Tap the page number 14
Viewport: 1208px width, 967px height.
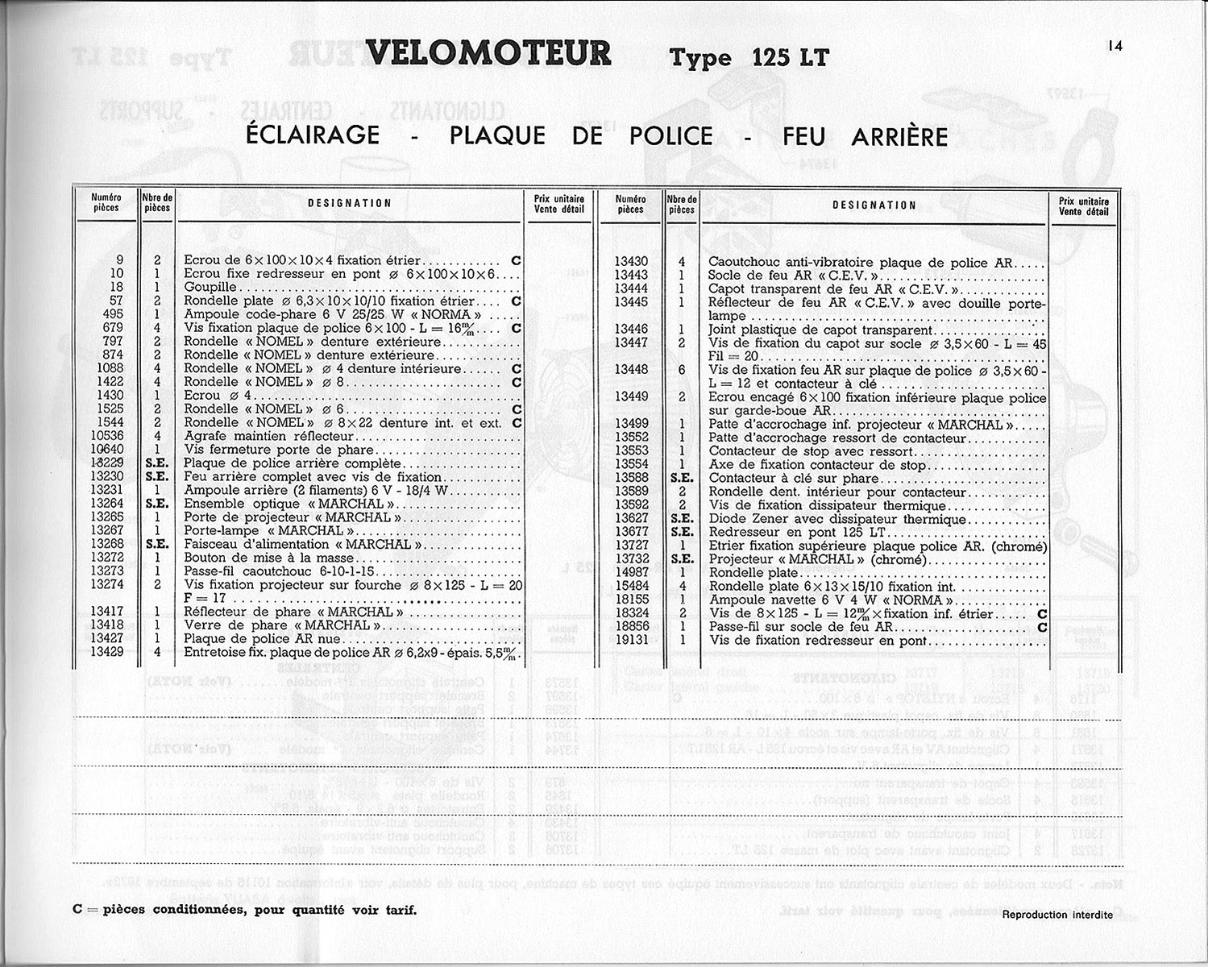1115,46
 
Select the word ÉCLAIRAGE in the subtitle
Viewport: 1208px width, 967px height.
313,135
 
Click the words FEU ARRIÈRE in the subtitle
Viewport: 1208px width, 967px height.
865,137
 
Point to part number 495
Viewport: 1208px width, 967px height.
113,314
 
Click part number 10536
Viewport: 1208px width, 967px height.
107,436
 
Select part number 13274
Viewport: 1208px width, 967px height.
107,585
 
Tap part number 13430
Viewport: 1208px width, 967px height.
631,262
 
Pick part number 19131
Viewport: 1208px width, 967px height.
631,641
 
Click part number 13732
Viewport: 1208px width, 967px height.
631,559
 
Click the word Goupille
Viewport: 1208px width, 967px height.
210,287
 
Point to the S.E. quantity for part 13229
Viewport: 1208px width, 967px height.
156,463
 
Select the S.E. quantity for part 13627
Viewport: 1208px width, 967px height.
682,519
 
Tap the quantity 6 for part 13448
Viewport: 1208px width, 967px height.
682,370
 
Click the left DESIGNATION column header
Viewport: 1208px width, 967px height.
350,204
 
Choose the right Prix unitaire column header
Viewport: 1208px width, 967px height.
1084,207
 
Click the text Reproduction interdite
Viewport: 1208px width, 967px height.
1057,915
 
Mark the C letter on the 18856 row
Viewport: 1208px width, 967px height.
1042,627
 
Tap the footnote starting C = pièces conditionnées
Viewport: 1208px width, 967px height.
244,910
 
